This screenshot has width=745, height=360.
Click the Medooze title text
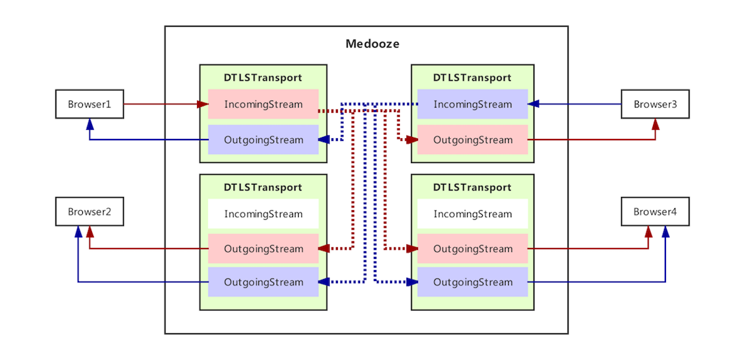point(372,44)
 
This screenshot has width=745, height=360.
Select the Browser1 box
point(89,104)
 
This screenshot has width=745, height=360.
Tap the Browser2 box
point(89,212)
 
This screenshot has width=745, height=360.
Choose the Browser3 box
point(655,104)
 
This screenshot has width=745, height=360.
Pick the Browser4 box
point(655,212)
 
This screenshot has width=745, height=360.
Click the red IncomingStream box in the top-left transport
point(263,104)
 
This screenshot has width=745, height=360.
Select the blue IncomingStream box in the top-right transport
point(472,104)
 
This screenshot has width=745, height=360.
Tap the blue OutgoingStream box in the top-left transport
point(263,140)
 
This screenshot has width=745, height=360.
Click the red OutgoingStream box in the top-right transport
point(472,140)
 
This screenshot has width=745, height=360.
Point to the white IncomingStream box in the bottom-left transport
point(263,214)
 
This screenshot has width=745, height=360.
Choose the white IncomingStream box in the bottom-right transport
point(472,214)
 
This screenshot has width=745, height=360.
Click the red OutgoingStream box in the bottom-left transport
point(263,248)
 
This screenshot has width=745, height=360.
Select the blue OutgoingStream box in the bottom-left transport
point(263,282)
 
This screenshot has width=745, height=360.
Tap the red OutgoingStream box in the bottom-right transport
point(472,248)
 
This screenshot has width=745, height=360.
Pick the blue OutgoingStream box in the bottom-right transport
point(472,282)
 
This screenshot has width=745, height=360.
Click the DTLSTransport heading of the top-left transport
point(263,78)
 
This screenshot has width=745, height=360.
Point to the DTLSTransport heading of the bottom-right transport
point(472,187)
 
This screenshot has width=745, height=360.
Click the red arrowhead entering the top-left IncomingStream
point(203,104)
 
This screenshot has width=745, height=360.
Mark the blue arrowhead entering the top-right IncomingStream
point(533,104)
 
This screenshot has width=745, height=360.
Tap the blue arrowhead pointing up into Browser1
point(89,124)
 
